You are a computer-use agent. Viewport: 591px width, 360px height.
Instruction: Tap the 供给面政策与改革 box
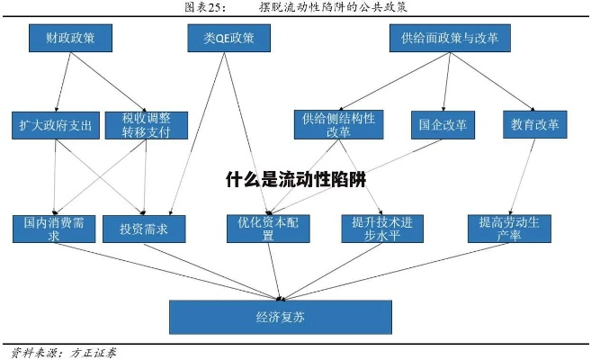click(449, 38)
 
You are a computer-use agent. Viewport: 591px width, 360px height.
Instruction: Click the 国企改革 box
click(443, 124)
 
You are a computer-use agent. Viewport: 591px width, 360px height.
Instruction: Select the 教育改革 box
click(535, 124)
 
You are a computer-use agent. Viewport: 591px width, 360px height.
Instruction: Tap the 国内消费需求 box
click(53, 229)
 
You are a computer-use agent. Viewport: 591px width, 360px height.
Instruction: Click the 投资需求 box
click(144, 229)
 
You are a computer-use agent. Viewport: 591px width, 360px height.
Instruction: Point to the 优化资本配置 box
click(267, 229)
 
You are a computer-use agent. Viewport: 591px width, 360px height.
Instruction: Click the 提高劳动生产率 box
click(509, 229)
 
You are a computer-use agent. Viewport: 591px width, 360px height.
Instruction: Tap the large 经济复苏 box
click(281, 317)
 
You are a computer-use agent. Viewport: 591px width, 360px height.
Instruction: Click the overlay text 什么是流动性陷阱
click(296, 178)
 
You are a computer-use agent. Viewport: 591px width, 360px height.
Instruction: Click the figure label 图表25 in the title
click(204, 7)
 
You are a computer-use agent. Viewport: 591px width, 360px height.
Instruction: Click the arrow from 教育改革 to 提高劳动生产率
click(522, 176)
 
